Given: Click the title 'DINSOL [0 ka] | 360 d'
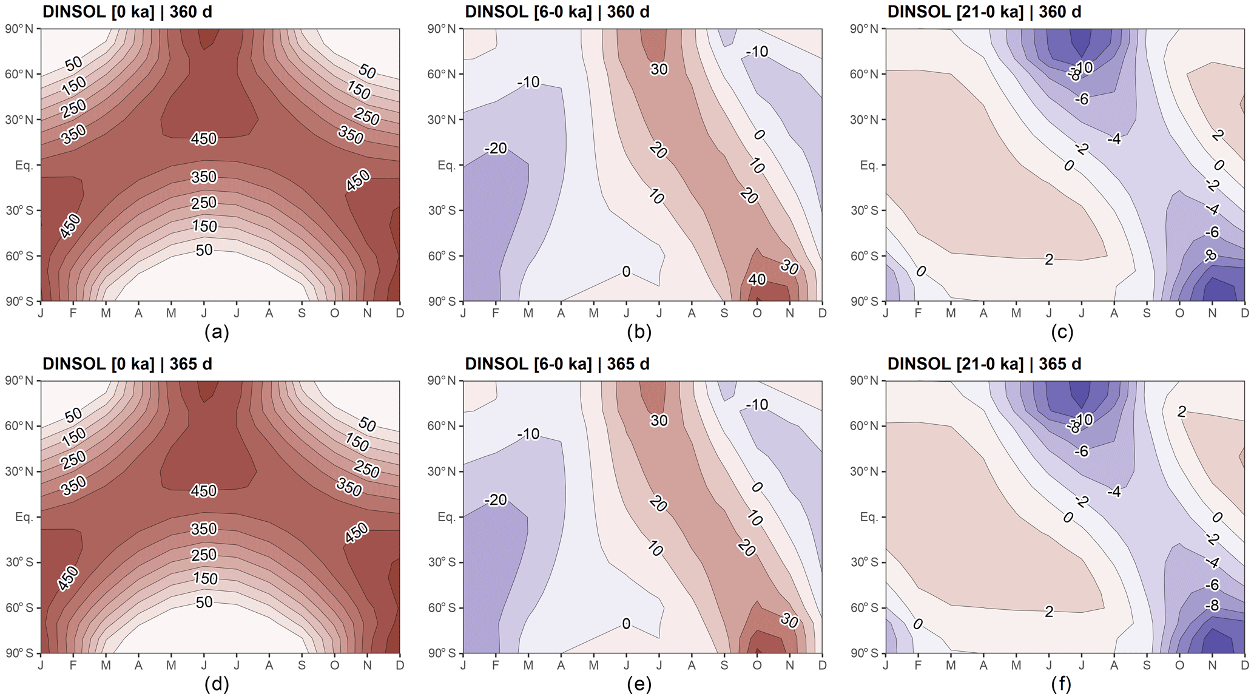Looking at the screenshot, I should click(x=127, y=12).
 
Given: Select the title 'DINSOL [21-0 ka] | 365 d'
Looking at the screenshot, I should click(x=984, y=364).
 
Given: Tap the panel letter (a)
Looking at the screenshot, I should click(x=217, y=332).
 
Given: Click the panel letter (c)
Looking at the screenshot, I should click(x=1062, y=332).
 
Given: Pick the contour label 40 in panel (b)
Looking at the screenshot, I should click(x=757, y=280).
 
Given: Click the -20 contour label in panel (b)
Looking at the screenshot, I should click(x=496, y=148).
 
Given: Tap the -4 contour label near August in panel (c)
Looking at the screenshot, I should click(x=1113, y=139).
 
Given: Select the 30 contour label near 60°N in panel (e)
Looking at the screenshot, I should click(x=659, y=420).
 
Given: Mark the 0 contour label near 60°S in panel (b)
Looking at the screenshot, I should click(x=626, y=271).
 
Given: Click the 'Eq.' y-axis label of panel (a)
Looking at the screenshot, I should click(x=24, y=165).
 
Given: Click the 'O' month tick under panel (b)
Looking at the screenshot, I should click(x=757, y=313).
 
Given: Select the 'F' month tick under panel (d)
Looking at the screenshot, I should click(x=73, y=665).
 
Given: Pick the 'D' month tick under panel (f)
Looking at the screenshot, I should click(x=1244, y=665).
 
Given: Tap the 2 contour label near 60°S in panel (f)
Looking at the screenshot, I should click(x=1049, y=612).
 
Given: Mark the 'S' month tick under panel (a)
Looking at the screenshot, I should click(x=302, y=313).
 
